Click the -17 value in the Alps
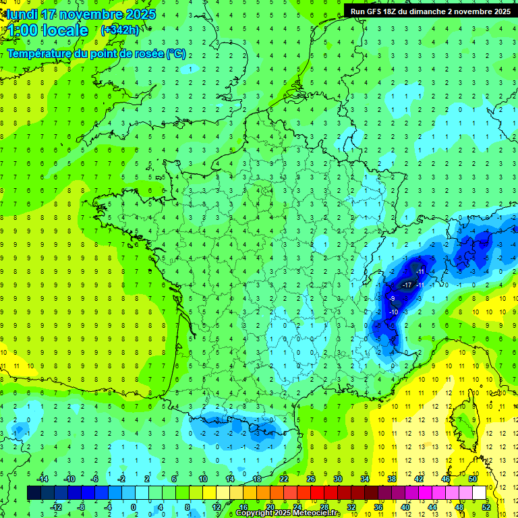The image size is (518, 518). [x=407, y=286]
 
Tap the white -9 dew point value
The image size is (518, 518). [x=392, y=299]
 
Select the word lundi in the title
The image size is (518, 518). [x=21, y=14]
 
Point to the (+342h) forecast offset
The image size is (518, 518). [x=119, y=30]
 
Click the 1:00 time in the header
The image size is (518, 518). [x=22, y=30]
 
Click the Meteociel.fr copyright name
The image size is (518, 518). [x=312, y=513]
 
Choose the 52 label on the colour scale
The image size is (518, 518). [x=486, y=507]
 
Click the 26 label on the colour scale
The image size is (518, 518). [x=311, y=479]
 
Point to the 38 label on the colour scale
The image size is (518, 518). [x=391, y=479]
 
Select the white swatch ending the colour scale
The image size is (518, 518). [x=479, y=492]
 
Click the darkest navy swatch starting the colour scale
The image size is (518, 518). [x=34, y=492]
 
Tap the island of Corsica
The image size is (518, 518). [x=465, y=422]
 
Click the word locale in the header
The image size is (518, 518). [x=65, y=30]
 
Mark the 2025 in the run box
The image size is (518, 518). [x=500, y=11]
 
